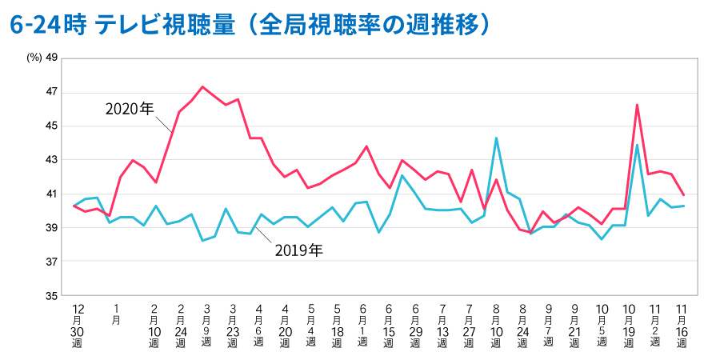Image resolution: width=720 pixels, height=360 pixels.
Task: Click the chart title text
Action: coord(249,24)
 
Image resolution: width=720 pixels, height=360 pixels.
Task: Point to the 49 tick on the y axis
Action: coord(52,58)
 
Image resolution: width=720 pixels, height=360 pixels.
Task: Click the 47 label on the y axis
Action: coord(52,93)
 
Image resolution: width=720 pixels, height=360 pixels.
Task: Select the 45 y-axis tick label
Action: coord(52,126)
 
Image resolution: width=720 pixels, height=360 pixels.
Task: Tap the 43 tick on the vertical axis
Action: coord(52,160)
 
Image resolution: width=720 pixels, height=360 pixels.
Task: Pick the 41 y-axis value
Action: coord(52,194)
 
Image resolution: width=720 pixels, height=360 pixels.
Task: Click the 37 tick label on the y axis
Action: coord(52,262)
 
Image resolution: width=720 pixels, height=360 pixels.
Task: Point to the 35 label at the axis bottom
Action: coord(52,296)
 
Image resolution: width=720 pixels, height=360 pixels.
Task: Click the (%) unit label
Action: coord(33,58)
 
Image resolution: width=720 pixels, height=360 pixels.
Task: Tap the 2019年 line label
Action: coord(298,250)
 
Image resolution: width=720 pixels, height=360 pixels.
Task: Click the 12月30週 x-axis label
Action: coord(78,325)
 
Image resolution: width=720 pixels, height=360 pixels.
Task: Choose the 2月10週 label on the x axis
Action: coord(154,325)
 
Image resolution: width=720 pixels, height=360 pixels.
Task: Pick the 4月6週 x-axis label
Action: coord(258,325)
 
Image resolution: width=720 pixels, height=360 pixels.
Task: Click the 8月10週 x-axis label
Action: coord(496,325)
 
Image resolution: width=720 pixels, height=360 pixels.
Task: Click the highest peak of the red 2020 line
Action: coord(202,86)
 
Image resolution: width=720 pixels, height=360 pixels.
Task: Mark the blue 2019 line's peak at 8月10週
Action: coord(496,138)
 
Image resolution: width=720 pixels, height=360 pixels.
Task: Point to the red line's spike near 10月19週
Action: coord(637,105)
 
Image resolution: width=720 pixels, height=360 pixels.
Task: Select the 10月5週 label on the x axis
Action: coord(602,325)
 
